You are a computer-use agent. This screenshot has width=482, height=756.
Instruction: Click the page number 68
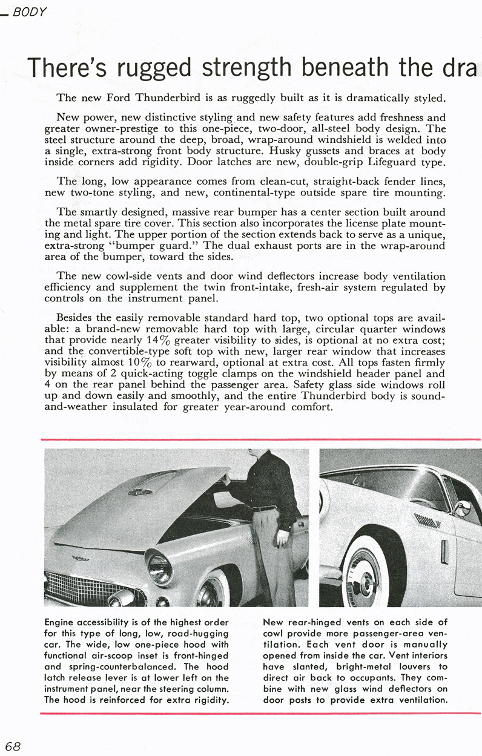point(12,745)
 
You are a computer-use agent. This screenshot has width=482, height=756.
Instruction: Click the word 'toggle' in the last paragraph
point(197,373)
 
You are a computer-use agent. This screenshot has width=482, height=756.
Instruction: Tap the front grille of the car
point(91,588)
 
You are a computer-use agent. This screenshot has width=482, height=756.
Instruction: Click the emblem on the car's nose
point(80,559)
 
